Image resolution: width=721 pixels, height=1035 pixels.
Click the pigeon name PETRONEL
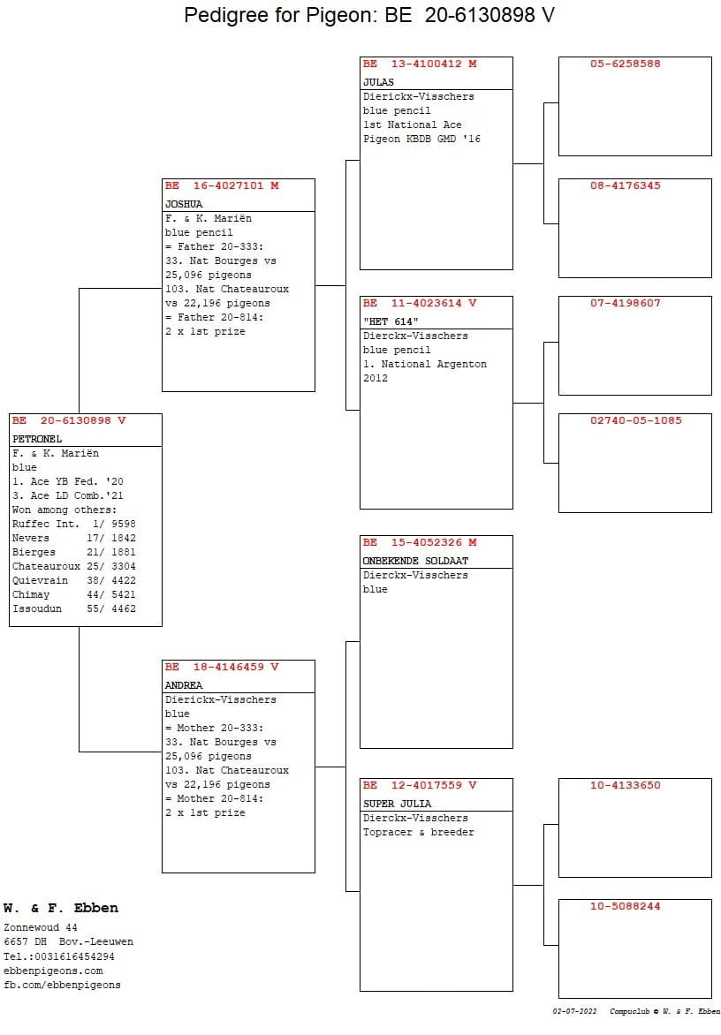(37, 439)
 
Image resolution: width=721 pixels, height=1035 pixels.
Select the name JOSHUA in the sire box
(184, 204)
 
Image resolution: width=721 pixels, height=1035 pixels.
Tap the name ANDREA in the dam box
(184, 685)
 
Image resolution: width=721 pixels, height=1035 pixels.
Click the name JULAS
(378, 82)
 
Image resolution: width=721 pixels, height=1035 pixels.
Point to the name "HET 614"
(391, 321)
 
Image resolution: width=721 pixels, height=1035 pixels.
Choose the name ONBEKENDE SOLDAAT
(415, 561)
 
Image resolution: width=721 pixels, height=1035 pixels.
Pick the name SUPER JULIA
(397, 804)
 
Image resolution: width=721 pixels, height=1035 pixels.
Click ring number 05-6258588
(626, 64)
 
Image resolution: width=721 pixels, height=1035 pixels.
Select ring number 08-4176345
(626, 185)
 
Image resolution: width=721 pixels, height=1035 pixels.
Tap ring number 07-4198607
(626, 303)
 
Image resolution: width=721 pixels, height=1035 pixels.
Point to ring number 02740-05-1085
(636, 420)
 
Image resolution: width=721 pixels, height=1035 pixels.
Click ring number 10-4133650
(626, 785)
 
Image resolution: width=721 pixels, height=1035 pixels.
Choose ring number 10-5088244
(626, 906)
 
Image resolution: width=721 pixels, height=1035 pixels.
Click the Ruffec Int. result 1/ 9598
(114, 524)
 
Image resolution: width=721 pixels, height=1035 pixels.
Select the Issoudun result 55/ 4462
(111, 608)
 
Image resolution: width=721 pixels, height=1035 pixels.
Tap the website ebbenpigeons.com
(53, 971)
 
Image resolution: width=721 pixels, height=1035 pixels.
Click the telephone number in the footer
(59, 956)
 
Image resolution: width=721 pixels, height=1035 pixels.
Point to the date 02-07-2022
(574, 1011)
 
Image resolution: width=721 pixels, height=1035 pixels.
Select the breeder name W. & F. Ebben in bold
(61, 908)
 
